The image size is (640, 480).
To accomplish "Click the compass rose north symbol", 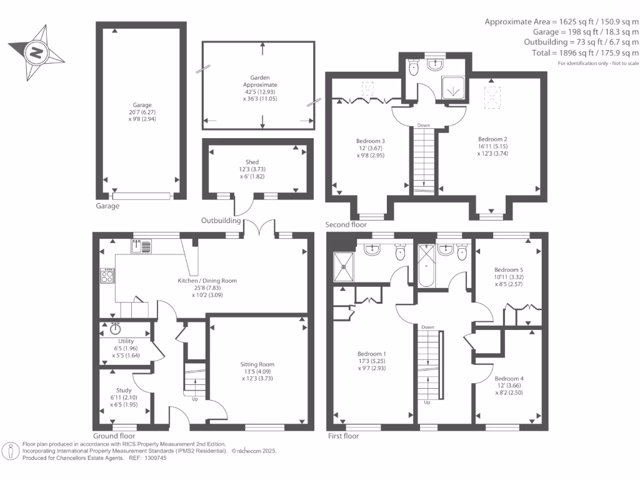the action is tap(36, 52).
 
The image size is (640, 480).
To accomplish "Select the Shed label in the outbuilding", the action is tap(252, 162).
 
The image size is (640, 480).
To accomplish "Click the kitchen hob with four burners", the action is tap(107, 276).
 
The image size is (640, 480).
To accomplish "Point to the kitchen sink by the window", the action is tap(141, 246).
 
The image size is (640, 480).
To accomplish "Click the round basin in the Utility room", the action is tap(116, 329).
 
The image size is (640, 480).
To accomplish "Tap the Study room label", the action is tap(124, 390).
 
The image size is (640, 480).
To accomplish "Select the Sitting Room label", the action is tap(257, 364).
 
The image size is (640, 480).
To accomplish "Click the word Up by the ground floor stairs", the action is tap(195, 399).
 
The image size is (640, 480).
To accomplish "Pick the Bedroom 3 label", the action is tap(371, 141).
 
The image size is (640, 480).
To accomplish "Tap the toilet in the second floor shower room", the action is tap(414, 67).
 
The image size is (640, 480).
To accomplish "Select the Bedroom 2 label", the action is tap(492, 139).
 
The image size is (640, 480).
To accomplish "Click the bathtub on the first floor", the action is tap(426, 265).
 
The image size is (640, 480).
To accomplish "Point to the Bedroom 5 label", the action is tap(509, 270).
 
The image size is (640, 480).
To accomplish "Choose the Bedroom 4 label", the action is tap(509, 379).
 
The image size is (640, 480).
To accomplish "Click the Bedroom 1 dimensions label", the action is tap(371, 364).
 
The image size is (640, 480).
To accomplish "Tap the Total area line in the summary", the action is tap(585, 52).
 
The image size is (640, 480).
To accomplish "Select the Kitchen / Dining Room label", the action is tap(207, 281).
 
